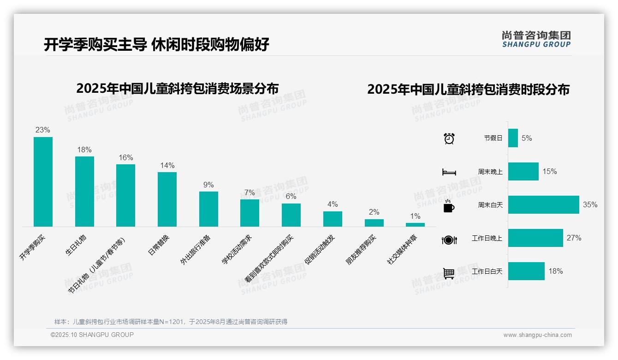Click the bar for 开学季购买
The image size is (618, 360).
coord(43,181)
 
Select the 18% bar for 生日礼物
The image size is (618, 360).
coord(84,191)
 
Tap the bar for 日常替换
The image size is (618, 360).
coord(167,199)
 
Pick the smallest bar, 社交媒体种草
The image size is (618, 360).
coord(415,224)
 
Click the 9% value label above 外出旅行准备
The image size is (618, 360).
coord(208,185)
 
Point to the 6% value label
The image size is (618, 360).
coord(291,197)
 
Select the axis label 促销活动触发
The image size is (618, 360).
coord(320,249)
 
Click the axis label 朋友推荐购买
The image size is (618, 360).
coord(361,250)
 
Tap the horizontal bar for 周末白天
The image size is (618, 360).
coord(543,204)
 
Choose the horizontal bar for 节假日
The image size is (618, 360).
coord(513,138)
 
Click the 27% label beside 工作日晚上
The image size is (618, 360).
coord(574,238)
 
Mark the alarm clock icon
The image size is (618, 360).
coord(449,138)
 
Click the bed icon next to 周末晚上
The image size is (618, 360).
coord(449,172)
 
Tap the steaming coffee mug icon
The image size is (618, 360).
coord(449,205)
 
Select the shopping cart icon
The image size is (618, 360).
coord(449,273)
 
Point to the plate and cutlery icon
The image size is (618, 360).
coord(449,240)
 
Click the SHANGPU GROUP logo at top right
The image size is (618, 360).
coord(536,39)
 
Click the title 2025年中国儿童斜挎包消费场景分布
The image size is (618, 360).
coord(178,89)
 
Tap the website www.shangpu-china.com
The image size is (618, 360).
coord(537,335)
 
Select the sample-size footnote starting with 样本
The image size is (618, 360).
coord(171,322)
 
